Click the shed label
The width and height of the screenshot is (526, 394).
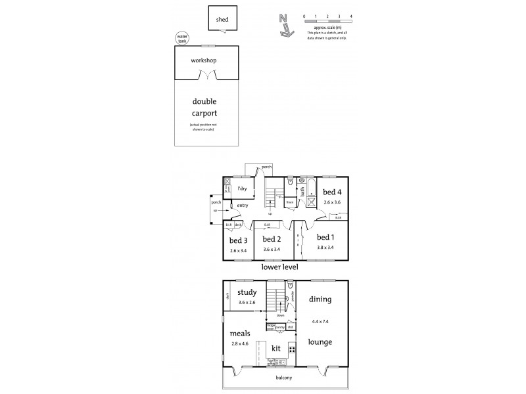222,20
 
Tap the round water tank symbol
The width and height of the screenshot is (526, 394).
181,38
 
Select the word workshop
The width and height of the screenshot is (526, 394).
204,61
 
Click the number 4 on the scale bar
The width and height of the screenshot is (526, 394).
351,15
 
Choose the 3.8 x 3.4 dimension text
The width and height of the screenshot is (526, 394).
325,248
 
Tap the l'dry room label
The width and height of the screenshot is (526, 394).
242,189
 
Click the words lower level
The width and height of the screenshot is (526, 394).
280,268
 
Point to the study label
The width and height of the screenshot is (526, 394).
247,294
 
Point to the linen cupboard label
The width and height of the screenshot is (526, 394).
289,202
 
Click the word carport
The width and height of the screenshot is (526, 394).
204,113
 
